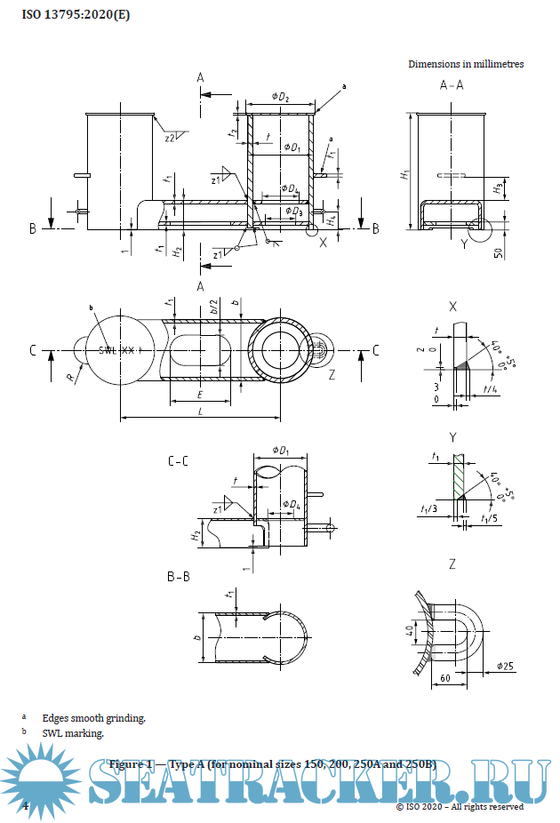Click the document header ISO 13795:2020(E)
tap(70, 12)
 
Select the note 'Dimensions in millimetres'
tap(466, 64)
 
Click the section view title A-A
tap(452, 86)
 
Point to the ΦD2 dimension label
tap(280, 98)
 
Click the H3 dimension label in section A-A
tap(498, 188)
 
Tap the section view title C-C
tap(178, 461)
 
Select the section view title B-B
tap(178, 577)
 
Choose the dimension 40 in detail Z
tap(409, 635)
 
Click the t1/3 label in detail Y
tap(429, 510)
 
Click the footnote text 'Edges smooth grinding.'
tap(93, 717)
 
